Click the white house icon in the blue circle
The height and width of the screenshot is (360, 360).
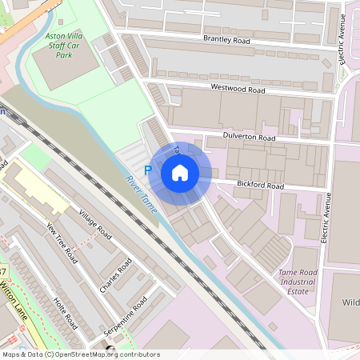pos(180,173)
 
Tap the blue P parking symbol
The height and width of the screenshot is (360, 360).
pos(147,170)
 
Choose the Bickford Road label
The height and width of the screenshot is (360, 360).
pos(260,186)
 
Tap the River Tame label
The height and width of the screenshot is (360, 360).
pos(139,193)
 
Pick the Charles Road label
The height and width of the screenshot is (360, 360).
pos(115,276)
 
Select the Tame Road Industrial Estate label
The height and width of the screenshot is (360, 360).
pos(298,282)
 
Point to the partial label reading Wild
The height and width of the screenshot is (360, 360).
pos(350,302)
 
